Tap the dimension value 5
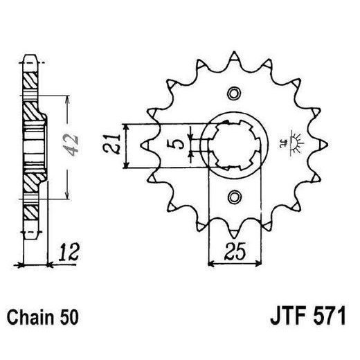point(178,146)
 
